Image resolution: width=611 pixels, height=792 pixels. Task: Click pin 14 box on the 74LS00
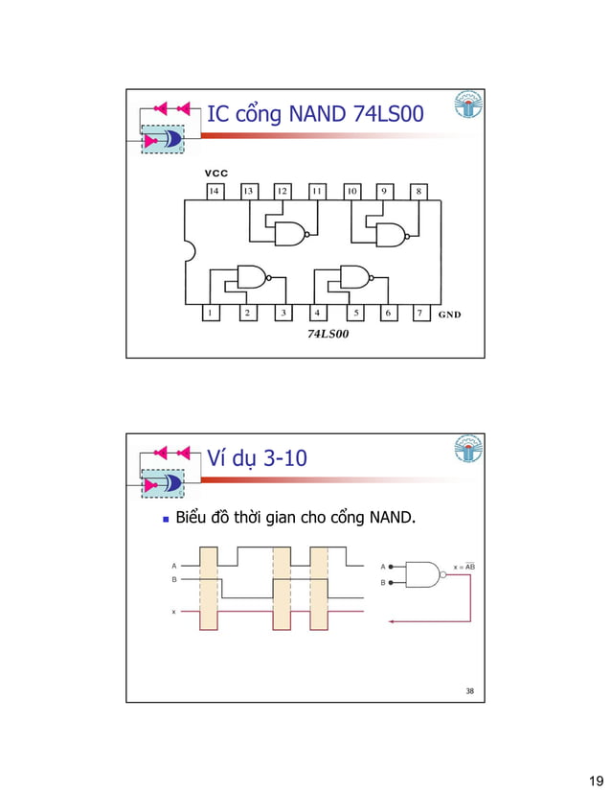[215, 191]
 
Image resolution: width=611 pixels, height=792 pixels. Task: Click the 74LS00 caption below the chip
[327, 335]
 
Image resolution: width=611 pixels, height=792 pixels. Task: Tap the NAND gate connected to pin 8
[391, 234]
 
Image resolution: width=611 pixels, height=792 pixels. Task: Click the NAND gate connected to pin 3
[252, 277]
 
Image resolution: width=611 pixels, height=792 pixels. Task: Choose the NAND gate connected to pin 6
[355, 277]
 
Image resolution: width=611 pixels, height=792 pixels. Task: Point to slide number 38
[469, 690]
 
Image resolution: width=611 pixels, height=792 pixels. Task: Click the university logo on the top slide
[468, 107]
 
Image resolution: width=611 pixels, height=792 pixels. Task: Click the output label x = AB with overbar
[464, 567]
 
